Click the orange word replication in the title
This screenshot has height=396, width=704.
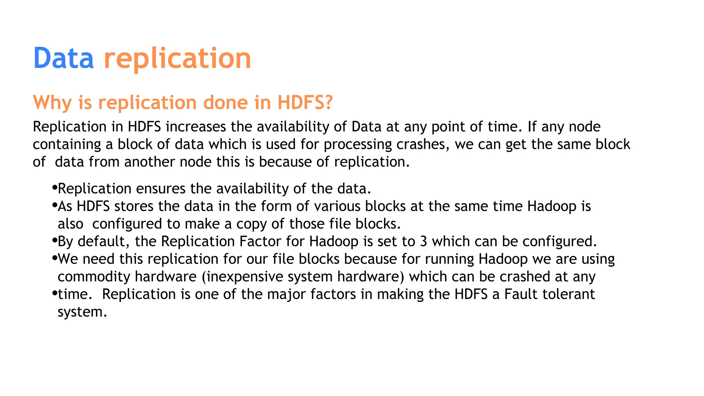click(x=177, y=58)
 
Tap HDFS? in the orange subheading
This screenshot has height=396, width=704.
click(x=305, y=102)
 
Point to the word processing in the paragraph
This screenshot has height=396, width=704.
click(x=357, y=145)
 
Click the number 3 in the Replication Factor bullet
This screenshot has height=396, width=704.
click(x=423, y=241)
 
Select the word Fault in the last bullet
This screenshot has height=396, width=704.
click(x=521, y=294)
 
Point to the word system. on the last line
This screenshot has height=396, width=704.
click(x=82, y=312)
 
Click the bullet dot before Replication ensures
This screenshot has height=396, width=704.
click(x=54, y=187)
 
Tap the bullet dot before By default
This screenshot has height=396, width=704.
click(x=54, y=240)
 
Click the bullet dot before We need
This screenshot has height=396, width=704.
click(x=54, y=258)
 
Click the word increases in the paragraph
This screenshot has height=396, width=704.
click(x=196, y=127)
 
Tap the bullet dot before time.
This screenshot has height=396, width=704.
click(x=54, y=293)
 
